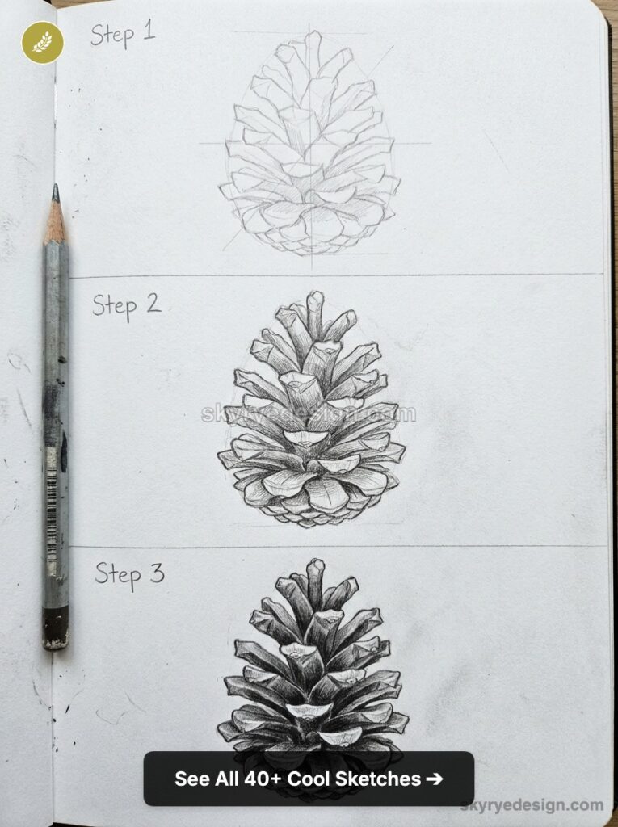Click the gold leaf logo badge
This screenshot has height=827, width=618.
pyautogui.click(x=42, y=42)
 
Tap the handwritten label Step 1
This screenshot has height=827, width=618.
pyautogui.click(x=123, y=34)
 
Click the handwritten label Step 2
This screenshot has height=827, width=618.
pyautogui.click(x=126, y=305)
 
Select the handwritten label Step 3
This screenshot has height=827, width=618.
pyautogui.click(x=129, y=573)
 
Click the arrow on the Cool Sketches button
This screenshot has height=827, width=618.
pyautogui.click(x=434, y=779)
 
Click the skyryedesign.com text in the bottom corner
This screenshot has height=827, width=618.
pyautogui.click(x=532, y=804)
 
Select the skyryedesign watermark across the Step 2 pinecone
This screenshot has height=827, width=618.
pyautogui.click(x=309, y=414)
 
